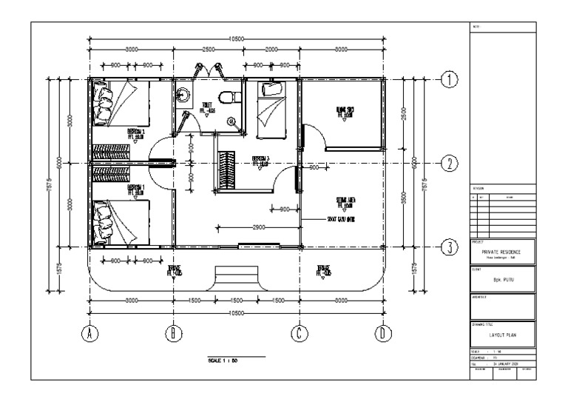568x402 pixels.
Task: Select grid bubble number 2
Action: (447, 164)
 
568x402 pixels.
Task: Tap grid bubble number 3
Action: (447, 248)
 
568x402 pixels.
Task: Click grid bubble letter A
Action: (90, 334)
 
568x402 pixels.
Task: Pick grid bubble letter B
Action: (174, 334)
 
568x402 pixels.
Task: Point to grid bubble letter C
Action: (299, 334)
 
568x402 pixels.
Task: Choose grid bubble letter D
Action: (382, 334)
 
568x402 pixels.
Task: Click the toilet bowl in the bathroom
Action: (233, 96)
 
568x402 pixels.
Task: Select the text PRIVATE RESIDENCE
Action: (501, 250)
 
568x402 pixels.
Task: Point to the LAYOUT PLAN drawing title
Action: (501, 335)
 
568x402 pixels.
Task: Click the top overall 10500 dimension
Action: (236, 38)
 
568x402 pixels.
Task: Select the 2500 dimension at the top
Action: (209, 50)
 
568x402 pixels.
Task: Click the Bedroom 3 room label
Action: (260, 161)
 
